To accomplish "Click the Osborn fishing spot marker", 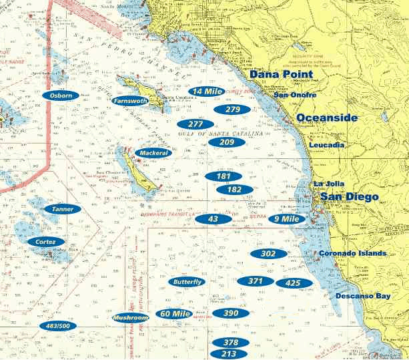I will click(61, 96).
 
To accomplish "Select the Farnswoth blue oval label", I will click(131, 101).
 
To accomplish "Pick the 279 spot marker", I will click(232, 110).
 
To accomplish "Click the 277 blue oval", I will click(195, 124).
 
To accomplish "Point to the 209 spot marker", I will click(227, 142).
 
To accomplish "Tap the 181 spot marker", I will click(224, 176).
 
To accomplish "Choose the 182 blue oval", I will click(234, 189).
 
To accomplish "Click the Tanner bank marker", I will click(62, 209).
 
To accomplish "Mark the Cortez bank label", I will click(46, 241).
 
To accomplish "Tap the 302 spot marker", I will click(268, 254).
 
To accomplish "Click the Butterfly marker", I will click(187, 282).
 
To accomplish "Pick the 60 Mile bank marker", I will click(174, 314).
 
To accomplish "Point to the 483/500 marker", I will click(59, 326).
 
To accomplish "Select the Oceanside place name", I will click(326, 118).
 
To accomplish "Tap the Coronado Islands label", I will click(352, 254).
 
